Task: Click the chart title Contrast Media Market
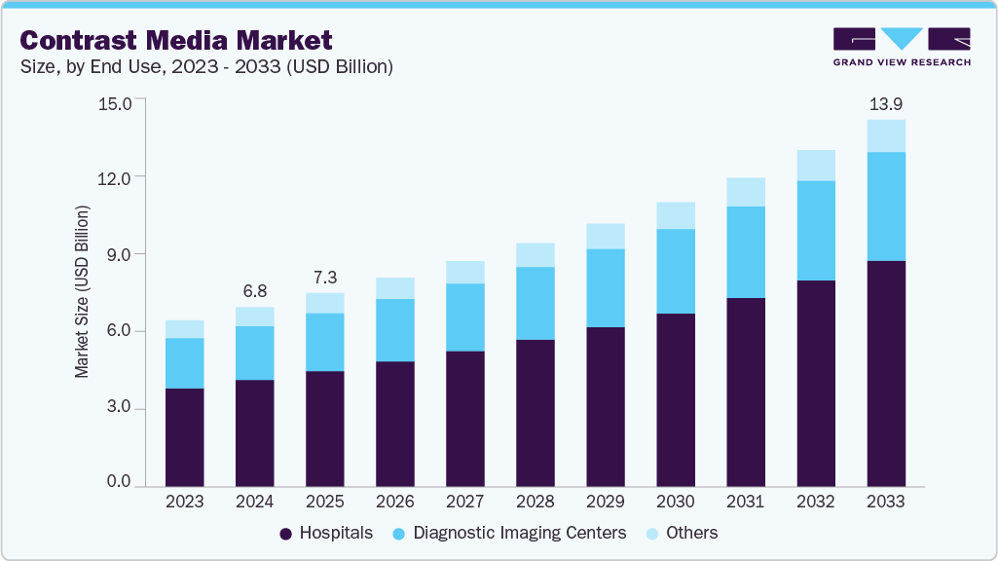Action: point(176,40)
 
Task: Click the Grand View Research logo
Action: point(901,46)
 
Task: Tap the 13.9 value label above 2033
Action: point(886,102)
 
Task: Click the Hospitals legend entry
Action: point(326,533)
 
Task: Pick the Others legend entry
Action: point(682,533)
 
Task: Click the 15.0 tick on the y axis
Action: point(114,102)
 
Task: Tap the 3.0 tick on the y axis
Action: point(118,408)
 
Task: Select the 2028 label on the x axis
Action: point(535,502)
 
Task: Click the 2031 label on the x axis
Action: point(745,502)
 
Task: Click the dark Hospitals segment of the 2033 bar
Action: point(886,374)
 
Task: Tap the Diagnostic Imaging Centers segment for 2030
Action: point(676,272)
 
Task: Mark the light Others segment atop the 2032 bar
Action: point(816,166)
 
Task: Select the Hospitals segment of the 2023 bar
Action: point(184,437)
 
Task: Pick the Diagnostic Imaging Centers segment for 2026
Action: point(394,330)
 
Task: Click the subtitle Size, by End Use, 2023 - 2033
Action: point(206,67)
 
